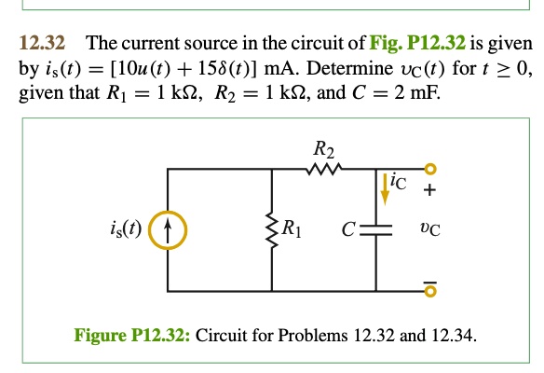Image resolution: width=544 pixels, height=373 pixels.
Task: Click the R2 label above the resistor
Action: (x=322, y=147)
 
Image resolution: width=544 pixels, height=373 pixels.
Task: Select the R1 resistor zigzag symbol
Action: (x=272, y=226)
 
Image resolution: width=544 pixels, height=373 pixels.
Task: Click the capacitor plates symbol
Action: (x=377, y=226)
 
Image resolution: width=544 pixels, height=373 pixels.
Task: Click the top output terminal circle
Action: (x=430, y=169)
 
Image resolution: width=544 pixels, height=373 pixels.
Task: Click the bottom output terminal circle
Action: (x=430, y=292)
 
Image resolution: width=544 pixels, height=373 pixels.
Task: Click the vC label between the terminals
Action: (x=430, y=226)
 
